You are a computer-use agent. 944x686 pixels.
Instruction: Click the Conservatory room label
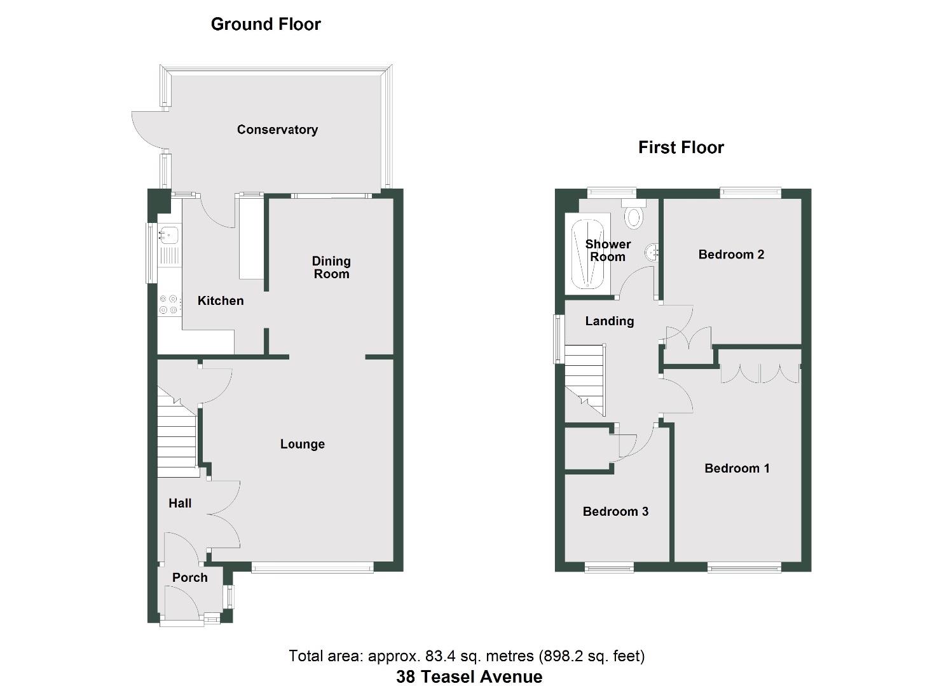click(x=277, y=130)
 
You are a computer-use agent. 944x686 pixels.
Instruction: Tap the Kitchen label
click(x=221, y=300)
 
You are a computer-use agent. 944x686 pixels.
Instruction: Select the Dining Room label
click(x=331, y=267)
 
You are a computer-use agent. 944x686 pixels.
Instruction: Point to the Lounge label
click(x=303, y=444)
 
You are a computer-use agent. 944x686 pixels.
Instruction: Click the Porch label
click(x=190, y=577)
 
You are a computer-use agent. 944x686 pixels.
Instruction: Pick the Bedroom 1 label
click(x=737, y=468)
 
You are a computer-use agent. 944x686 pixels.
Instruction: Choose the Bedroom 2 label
click(x=731, y=254)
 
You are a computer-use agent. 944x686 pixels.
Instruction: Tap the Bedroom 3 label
click(x=615, y=511)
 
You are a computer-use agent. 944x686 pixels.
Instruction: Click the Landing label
click(x=610, y=321)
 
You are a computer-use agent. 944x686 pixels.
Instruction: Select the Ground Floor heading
click(x=266, y=24)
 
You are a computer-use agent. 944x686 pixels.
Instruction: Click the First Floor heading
click(x=681, y=147)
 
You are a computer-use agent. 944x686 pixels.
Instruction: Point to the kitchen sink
click(x=168, y=236)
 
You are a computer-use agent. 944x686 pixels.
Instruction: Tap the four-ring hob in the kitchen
click(x=169, y=304)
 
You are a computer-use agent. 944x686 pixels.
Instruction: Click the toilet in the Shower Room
click(x=633, y=216)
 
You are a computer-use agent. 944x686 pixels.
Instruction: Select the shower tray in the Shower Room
click(x=587, y=254)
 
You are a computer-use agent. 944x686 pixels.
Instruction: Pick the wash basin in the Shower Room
click(x=652, y=253)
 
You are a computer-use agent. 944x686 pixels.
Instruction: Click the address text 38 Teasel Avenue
click(x=469, y=676)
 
